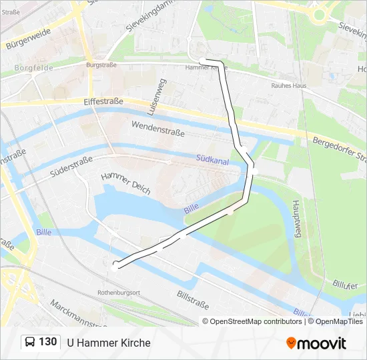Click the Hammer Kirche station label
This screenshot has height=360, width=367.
pos(206,68)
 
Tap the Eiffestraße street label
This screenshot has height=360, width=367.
pos(103,101)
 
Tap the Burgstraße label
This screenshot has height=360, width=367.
pos(101,65)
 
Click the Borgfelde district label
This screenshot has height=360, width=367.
pos(34,68)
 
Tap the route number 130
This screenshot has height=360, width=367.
pos(47,342)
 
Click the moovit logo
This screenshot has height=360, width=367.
pos(316,343)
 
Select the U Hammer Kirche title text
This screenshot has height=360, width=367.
pos(109,343)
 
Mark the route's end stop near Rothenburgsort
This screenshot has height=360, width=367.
pos(115,266)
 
